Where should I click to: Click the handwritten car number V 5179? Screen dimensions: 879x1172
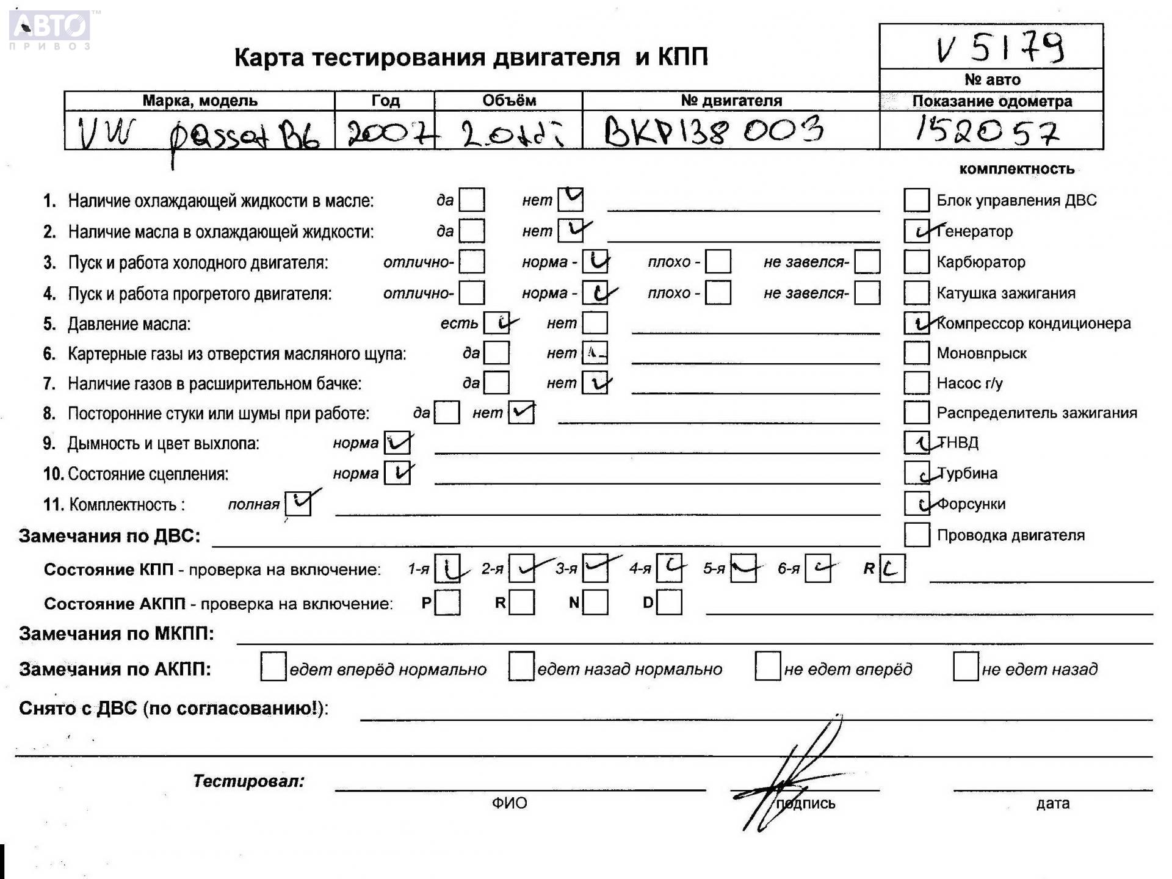[1000, 48]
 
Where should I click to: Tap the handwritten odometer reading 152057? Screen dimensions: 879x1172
[986, 131]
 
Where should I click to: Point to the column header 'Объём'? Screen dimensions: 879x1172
[508, 101]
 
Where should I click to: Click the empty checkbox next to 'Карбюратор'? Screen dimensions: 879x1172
[916, 262]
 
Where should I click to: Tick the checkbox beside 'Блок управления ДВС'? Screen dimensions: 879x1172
[916, 200]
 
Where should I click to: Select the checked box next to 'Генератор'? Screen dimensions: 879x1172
[916, 231]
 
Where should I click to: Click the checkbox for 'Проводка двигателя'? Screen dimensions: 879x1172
[916, 535]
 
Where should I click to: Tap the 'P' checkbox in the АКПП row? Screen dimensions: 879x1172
[447, 603]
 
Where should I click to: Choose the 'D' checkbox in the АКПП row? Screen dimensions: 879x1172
[670, 603]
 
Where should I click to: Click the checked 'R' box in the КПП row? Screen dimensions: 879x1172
[892, 569]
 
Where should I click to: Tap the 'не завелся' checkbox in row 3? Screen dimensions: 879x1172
[867, 262]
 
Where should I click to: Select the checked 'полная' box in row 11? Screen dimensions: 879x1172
[298, 504]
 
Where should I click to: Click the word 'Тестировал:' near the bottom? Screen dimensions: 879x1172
[248, 781]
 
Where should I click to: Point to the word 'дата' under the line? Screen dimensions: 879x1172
[1052, 803]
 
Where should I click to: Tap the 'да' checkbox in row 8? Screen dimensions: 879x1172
[447, 413]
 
